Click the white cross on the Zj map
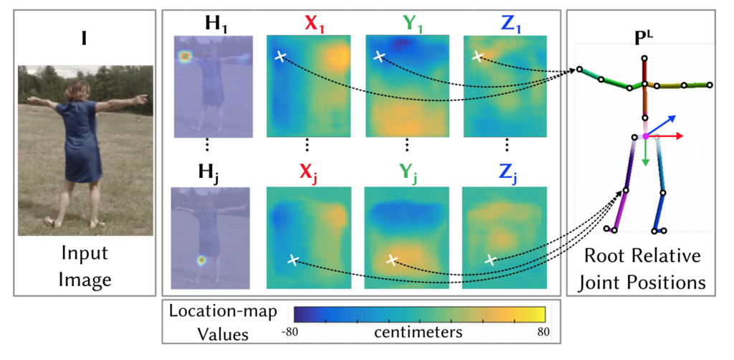tap(490, 260)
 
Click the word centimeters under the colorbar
tap(418, 333)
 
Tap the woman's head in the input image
tap(77, 90)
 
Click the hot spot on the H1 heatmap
tap(186, 55)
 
